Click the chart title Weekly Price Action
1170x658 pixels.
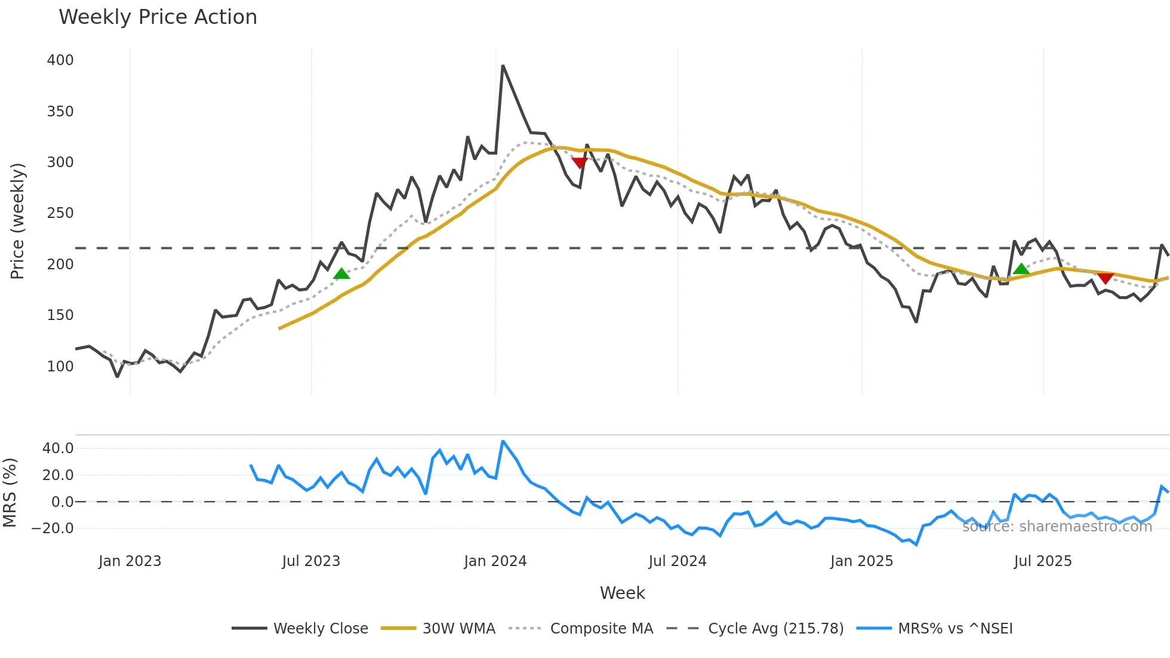point(158,17)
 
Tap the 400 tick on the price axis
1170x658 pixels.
point(60,60)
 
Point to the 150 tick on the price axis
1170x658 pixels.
point(60,315)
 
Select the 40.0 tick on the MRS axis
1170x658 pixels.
point(58,448)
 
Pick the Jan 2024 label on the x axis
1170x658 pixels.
point(495,561)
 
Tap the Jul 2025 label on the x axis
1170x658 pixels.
point(1042,561)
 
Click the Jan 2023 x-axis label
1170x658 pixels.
point(130,561)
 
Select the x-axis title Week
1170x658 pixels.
point(622,593)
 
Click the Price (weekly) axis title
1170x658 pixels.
point(17,221)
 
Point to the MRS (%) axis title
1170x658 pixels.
point(10,493)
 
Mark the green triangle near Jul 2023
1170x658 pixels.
point(341,274)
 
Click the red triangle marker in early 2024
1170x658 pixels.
point(579,163)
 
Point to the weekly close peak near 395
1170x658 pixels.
point(503,66)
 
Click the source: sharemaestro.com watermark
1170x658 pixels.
point(1057,527)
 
